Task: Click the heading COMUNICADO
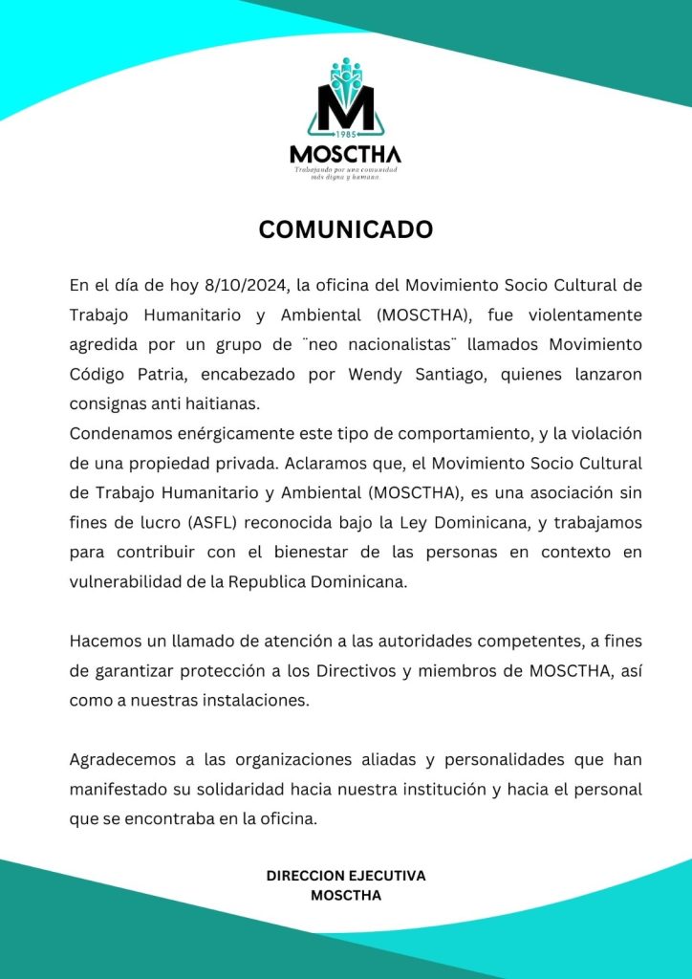[x=346, y=230]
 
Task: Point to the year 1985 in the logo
[x=346, y=135]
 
